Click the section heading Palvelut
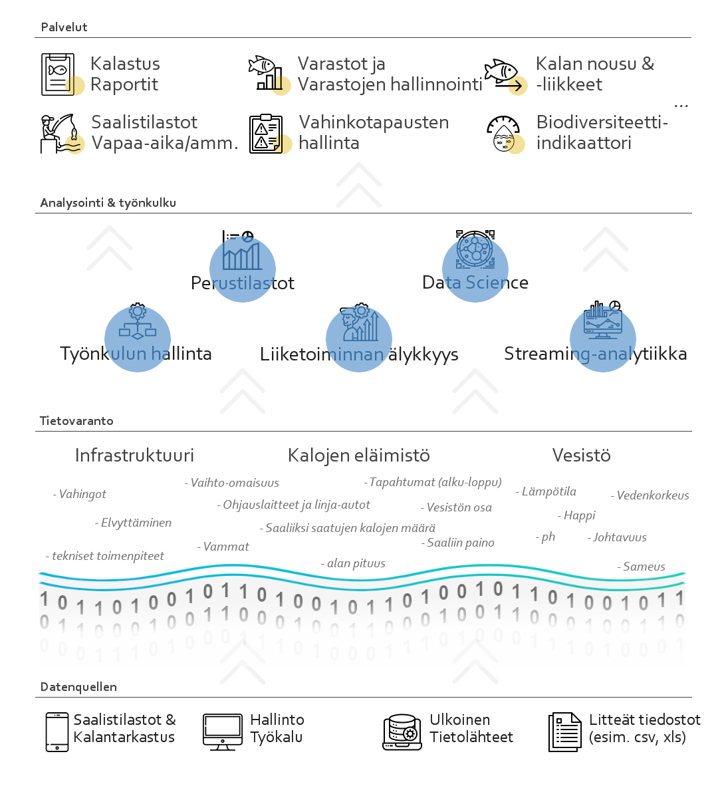pos(64,27)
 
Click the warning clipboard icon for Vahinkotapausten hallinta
pos(266,134)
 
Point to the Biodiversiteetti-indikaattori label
pos(602,132)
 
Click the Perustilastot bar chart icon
pos(242,250)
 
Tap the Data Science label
pos(475,283)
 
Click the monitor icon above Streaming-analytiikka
pos(602,320)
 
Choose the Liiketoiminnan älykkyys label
pos(359,354)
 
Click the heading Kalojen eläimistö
pos(359,456)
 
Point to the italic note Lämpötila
pos(546,491)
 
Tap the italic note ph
pos(545,537)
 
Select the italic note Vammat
pos(223,547)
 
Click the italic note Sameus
pos(642,567)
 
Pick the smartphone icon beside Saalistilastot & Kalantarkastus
pos(57,732)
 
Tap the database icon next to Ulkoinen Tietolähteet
pos(402,732)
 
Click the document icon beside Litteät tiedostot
pos(565,732)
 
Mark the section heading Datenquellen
pos(78,687)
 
